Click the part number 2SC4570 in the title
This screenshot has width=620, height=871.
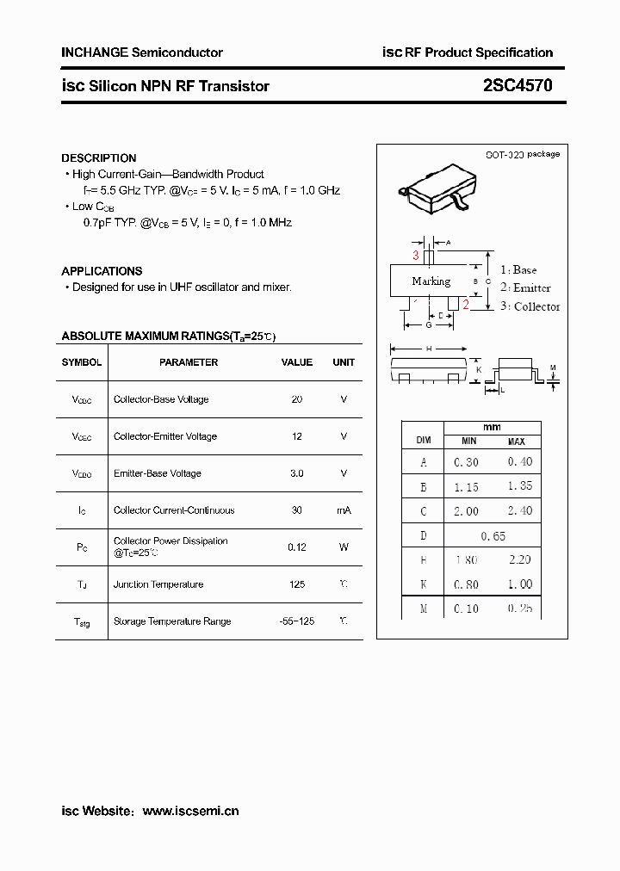(518, 86)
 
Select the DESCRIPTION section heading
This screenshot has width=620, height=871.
(99, 158)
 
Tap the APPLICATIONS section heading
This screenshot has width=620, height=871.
(102, 271)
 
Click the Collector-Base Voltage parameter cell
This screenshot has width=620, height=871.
(161, 399)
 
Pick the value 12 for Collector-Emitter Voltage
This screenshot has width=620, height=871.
(297, 436)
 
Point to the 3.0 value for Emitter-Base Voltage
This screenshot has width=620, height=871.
(297, 473)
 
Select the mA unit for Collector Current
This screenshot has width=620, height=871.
(344, 510)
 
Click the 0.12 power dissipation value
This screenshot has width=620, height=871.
(297, 547)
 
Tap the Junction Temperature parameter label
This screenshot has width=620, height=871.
(158, 584)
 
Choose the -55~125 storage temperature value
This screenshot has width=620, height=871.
(297, 621)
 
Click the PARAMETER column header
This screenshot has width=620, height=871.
(189, 362)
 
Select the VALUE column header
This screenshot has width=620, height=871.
(297, 362)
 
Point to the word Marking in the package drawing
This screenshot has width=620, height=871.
(431, 281)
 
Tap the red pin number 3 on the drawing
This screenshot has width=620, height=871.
(416, 256)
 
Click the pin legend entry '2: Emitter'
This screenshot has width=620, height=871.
(525, 288)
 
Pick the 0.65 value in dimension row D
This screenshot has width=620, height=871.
(493, 535)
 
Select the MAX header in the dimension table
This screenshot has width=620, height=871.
(516, 442)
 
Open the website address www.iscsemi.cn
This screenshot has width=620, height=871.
(190, 811)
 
